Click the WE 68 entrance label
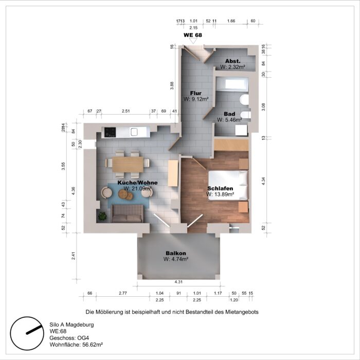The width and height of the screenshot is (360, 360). [193, 35]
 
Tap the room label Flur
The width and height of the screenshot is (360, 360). [196, 93]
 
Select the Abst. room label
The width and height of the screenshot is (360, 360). [232, 61]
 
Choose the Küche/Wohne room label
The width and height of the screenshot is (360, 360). [137, 183]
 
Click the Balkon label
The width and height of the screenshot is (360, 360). [176, 253]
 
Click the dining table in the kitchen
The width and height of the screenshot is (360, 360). [128, 164]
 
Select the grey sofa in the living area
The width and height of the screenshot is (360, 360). [127, 213]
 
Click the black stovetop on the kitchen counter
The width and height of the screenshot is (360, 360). [111, 132]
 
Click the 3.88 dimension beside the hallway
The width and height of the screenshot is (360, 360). [172, 86]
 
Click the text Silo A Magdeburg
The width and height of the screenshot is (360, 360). [71, 325]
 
